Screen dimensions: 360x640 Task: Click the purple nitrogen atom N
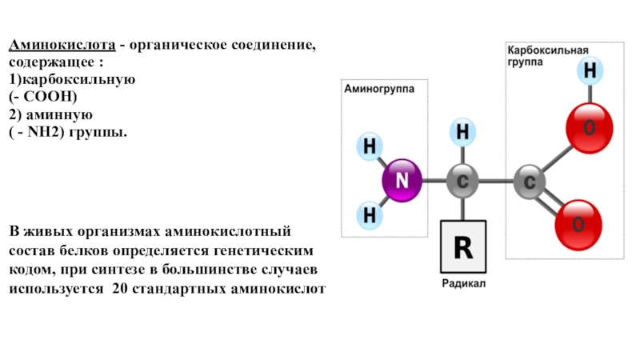pyautogui.click(x=402, y=182)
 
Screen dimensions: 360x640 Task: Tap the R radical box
pyautogui.click(x=463, y=247)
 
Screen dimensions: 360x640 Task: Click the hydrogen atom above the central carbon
pyautogui.click(x=462, y=131)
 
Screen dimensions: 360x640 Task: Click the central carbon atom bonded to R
pyautogui.click(x=462, y=182)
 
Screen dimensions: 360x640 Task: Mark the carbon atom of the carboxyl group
pyautogui.click(x=529, y=182)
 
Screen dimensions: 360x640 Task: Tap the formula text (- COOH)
pyautogui.click(x=44, y=97)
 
